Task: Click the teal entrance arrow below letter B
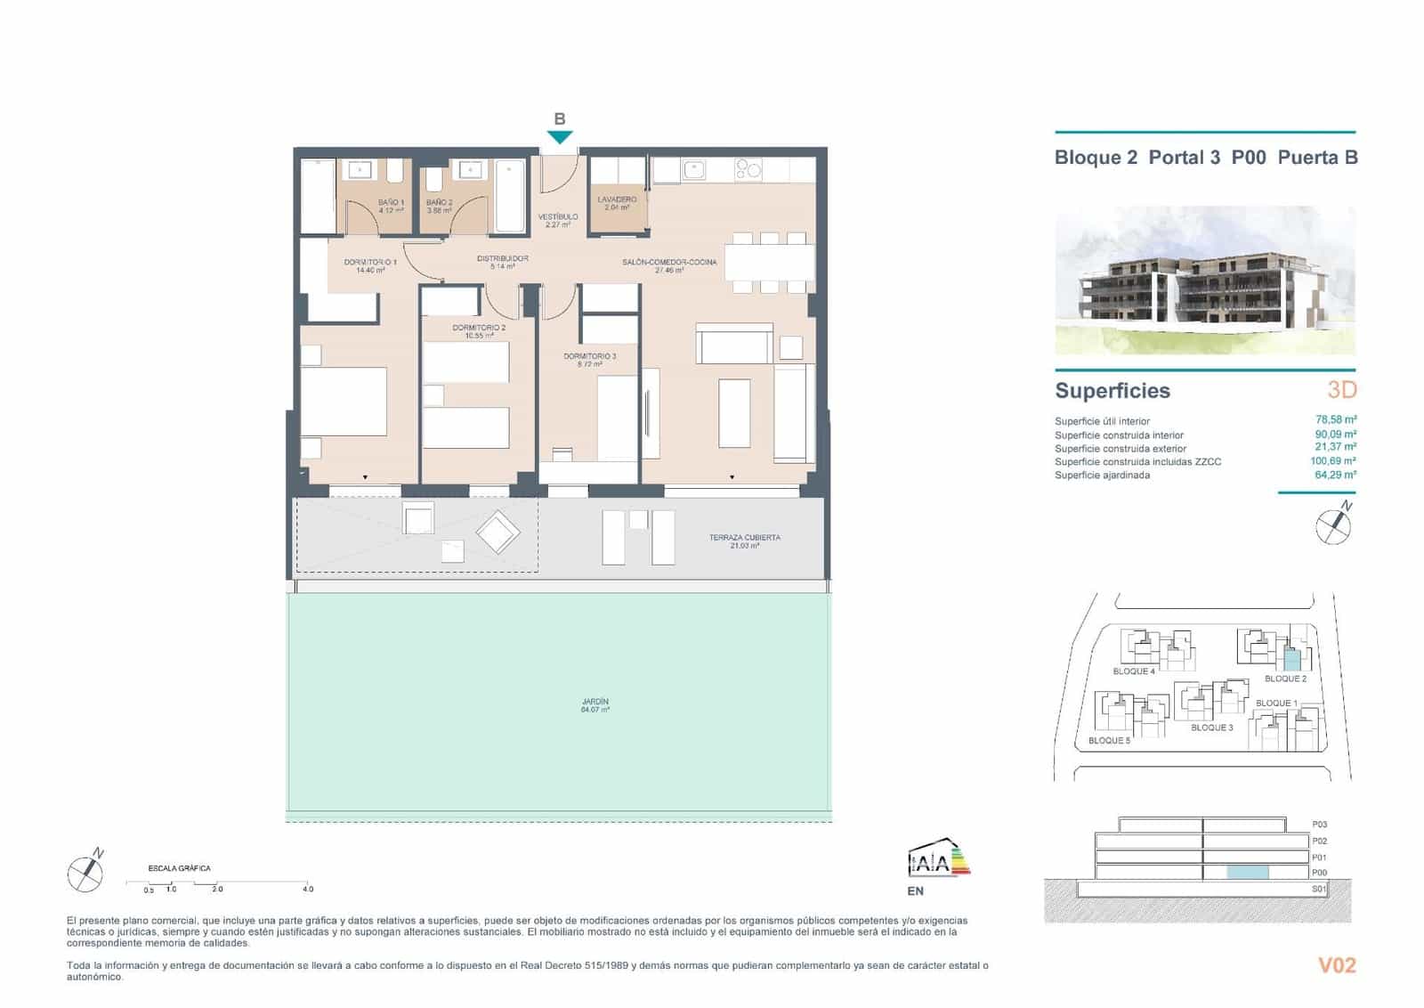559,137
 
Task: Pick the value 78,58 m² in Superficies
1335,420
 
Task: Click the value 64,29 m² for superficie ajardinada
1335,476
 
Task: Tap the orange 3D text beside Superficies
1341,390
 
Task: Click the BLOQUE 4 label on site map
1134,671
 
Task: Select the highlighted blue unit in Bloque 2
1291,660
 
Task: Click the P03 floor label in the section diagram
1319,825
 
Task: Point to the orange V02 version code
1337,965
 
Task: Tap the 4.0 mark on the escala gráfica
308,889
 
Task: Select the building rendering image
1205,280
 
